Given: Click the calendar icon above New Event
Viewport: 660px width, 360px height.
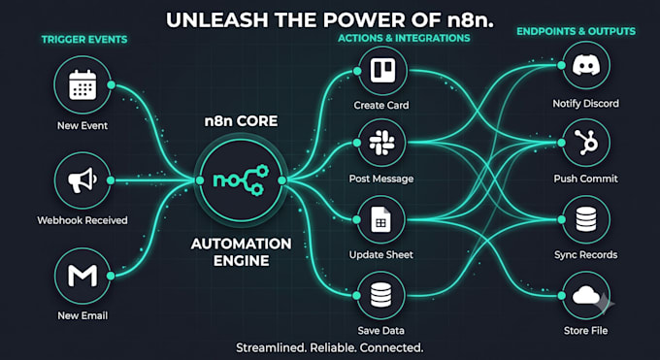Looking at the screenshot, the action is click(x=82, y=84).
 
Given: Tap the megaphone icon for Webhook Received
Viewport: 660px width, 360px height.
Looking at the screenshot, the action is click(x=82, y=180).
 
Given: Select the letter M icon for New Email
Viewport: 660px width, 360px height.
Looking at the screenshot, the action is click(x=82, y=276).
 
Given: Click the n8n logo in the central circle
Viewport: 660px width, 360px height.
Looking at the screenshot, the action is click(x=241, y=180).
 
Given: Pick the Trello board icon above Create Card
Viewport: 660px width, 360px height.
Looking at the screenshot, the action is click(x=382, y=70).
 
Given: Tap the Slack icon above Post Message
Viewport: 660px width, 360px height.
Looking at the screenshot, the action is click(x=381, y=143).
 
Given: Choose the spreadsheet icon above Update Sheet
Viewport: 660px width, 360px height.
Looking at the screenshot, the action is click(x=380, y=219).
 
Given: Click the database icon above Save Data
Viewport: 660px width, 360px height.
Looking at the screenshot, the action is click(x=380, y=295).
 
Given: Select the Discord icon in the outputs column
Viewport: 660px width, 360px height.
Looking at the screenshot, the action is click(x=586, y=65).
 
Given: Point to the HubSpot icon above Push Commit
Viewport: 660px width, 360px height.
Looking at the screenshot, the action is click(x=586, y=143).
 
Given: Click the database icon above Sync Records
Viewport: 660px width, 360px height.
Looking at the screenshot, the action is click(x=586, y=219).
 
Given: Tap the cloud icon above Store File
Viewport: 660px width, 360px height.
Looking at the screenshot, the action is click(x=586, y=295).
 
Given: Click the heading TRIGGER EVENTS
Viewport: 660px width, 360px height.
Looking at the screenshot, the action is click(x=84, y=40).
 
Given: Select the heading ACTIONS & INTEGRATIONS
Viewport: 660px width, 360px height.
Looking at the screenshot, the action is click(x=404, y=38).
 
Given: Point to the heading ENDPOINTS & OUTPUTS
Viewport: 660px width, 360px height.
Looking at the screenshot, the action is click(x=577, y=31).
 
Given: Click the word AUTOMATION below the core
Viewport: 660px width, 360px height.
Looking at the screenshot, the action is click(x=241, y=244).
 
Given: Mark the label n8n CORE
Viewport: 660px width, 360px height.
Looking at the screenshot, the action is click(x=241, y=121).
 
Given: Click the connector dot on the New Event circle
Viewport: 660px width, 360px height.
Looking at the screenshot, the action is click(x=111, y=85).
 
